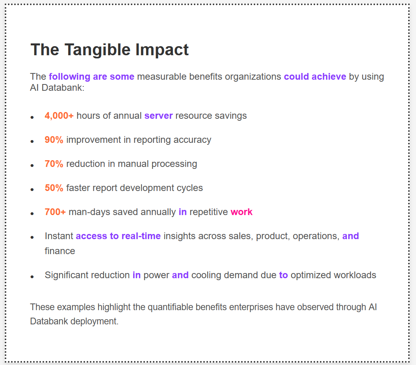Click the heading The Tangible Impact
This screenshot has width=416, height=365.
click(x=110, y=50)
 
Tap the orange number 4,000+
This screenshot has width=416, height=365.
click(x=59, y=116)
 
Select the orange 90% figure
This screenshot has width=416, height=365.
click(x=54, y=140)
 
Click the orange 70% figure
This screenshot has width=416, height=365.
click(x=54, y=164)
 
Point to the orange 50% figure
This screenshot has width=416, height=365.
click(x=54, y=188)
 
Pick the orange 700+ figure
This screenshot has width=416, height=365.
click(x=55, y=212)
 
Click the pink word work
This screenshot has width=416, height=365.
click(x=241, y=212)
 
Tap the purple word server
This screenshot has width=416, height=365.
click(x=158, y=116)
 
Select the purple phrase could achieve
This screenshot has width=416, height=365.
click(x=315, y=76)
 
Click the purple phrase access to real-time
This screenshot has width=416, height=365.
click(x=118, y=236)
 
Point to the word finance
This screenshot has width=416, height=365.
click(x=60, y=251)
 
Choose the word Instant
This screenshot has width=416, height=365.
click(x=59, y=236)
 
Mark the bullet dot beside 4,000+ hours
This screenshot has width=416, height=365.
click(x=32, y=118)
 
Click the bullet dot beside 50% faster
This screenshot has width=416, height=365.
click(x=32, y=190)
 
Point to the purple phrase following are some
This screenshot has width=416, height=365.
click(x=91, y=76)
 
